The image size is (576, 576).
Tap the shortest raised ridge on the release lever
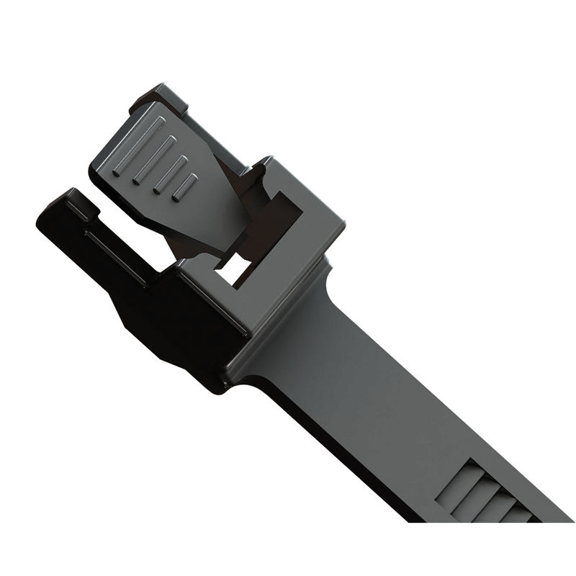tap(186, 186)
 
